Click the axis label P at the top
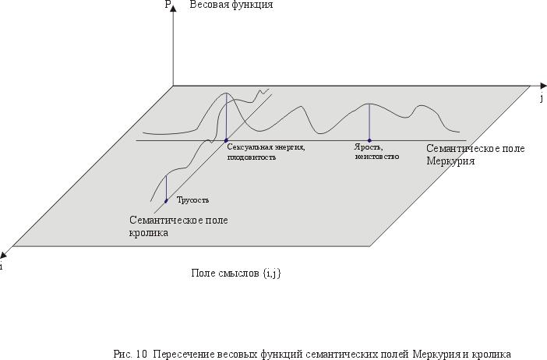168,5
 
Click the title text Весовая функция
231,5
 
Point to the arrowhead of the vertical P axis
173,8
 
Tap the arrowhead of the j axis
543,86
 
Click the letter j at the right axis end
542,98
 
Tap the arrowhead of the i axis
4,253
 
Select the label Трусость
193,200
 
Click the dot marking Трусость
166,201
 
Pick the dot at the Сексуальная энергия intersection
226,140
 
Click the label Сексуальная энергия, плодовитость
266,152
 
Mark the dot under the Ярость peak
369,140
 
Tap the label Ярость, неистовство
377,152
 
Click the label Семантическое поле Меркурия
475,154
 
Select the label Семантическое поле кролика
178,227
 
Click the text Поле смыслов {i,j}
236,274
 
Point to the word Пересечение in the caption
184,355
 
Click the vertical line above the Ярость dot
369,122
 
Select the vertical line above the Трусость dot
166,188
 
